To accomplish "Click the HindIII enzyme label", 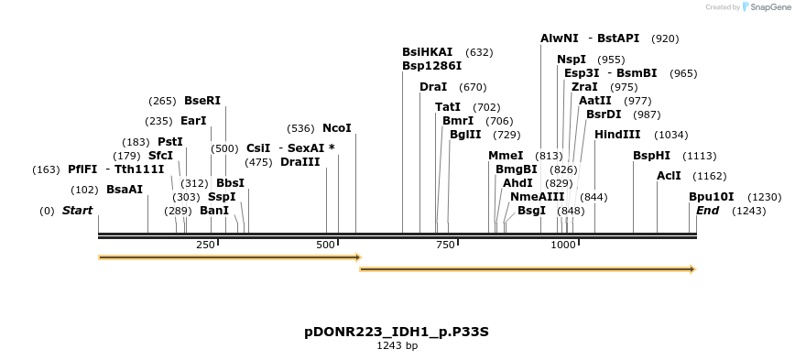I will tap(617, 135).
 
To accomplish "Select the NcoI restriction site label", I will tap(336, 128).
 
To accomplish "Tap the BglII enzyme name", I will tap(465, 135).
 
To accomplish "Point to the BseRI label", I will tap(202, 101).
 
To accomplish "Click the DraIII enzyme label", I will tap(300, 162).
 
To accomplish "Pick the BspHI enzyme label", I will tap(651, 156).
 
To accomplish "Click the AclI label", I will tap(669, 176).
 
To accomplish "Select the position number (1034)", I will tap(671, 135).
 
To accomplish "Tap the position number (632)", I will tap(479, 52).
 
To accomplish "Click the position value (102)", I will tap(84, 190).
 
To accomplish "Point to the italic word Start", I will tap(78, 211).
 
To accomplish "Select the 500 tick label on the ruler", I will tap(327, 245).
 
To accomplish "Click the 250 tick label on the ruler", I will tap(205, 245).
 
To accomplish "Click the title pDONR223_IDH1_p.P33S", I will tap(397, 331).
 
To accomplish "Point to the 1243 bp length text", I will tap(397, 345).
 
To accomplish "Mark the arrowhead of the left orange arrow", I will tap(358, 257).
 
